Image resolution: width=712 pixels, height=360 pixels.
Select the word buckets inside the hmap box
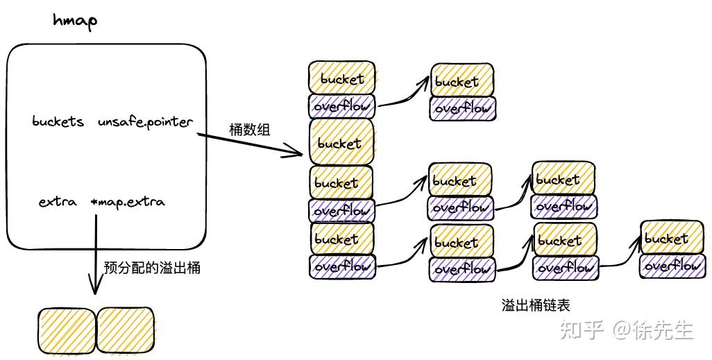point(58,122)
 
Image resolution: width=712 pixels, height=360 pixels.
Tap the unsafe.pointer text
point(145,122)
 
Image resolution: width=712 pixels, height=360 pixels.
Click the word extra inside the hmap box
point(57,203)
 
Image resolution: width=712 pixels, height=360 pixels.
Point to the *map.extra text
point(128,203)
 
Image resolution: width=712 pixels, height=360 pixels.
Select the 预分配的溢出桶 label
point(152,268)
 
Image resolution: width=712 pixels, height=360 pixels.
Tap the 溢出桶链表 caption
point(536,305)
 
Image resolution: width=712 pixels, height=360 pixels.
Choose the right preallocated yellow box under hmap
point(127,331)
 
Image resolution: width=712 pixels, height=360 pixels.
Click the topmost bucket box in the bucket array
point(342,78)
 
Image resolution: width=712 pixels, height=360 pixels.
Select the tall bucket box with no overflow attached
point(341,143)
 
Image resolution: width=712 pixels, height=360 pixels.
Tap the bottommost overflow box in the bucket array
point(342,266)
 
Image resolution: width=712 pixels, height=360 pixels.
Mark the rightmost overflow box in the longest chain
point(671,265)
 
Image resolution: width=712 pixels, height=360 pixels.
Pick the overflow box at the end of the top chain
point(462,108)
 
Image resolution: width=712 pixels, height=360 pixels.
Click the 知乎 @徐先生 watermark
point(627,330)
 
